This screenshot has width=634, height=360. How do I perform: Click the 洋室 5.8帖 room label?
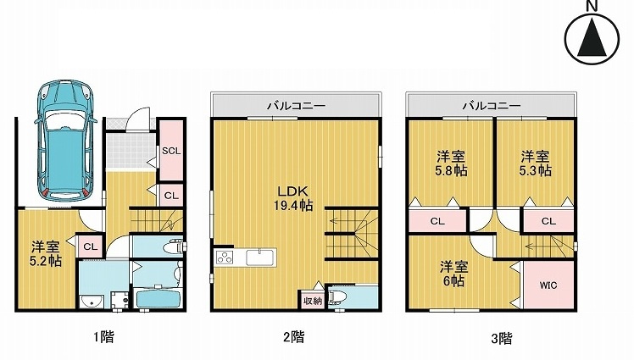(450, 163)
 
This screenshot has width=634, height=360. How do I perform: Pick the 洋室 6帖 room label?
(452, 273)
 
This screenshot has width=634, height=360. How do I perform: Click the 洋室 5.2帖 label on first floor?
(46, 253)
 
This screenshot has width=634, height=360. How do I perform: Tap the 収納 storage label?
(310, 301)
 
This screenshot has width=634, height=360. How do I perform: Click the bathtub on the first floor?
(159, 299)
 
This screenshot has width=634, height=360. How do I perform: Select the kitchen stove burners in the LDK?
(224, 258)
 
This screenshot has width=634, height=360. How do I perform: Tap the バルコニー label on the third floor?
(491, 106)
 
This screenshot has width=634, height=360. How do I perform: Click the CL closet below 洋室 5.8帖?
(437, 222)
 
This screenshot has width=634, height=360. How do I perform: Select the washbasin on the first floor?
(91, 301)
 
